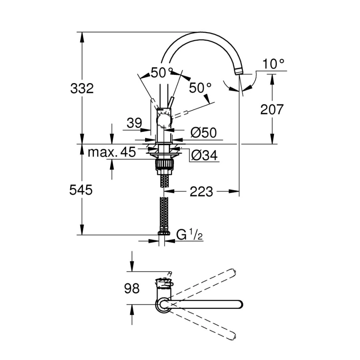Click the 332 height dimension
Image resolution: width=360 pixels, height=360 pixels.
coord(82,89)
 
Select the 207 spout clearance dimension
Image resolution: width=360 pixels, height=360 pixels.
coord(272,109)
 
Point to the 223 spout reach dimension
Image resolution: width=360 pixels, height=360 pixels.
coord(201,192)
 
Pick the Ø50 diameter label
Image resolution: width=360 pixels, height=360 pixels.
coord(204,133)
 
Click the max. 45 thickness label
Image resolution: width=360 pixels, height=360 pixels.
coord(111,152)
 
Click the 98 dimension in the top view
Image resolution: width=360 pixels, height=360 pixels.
coord(132,288)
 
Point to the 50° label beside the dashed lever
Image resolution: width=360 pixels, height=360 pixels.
coord(200,88)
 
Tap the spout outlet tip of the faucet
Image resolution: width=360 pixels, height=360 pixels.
coord(239,72)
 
